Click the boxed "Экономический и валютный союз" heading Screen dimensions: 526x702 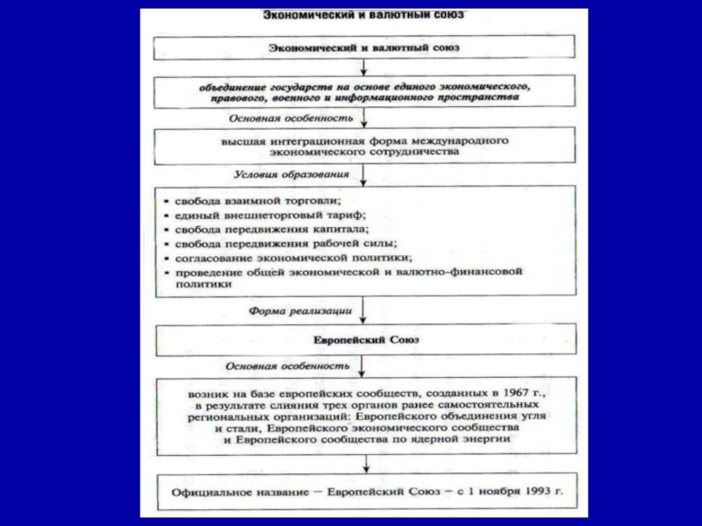[363, 46]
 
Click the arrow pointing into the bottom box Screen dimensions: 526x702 [363, 467]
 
